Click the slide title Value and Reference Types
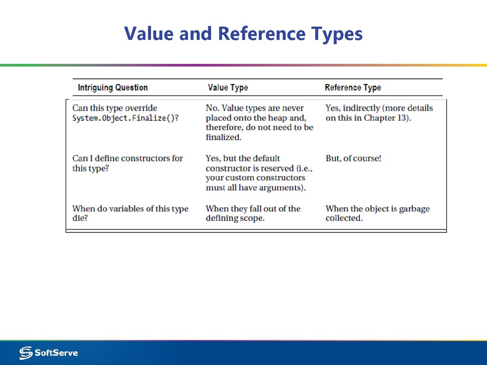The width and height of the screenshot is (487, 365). [x=243, y=34]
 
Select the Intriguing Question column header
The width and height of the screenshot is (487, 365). [x=113, y=87]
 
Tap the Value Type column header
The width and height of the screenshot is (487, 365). [x=228, y=87]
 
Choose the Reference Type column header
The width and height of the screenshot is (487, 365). [x=352, y=87]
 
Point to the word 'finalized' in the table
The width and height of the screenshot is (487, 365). [x=223, y=137]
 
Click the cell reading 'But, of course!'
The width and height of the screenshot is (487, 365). [x=353, y=158]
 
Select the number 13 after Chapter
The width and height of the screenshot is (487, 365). [x=403, y=118]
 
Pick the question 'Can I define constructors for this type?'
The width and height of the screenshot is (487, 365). [x=127, y=163]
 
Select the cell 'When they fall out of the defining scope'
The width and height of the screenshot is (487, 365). [x=253, y=213]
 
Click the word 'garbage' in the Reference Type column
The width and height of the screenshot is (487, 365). [x=413, y=209]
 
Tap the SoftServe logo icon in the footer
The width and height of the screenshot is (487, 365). [x=26, y=353]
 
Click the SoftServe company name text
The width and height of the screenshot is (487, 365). [x=56, y=353]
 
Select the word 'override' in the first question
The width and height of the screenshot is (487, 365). [x=141, y=108]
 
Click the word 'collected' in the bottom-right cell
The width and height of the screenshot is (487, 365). [x=343, y=219]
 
